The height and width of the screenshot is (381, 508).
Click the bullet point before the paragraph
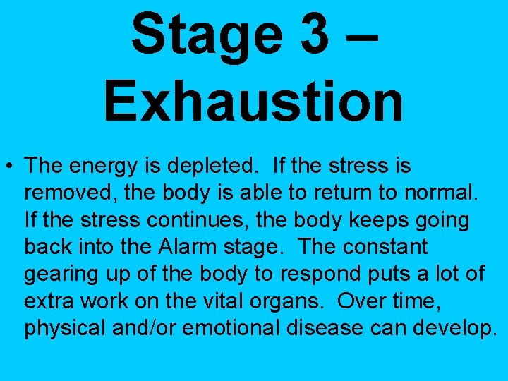[x=11, y=167]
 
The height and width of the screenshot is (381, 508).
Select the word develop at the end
[x=447, y=329]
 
